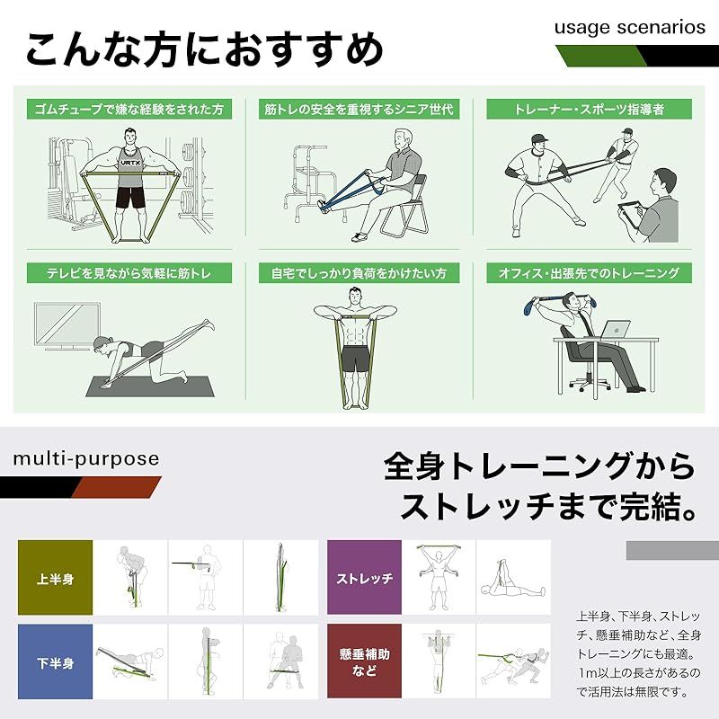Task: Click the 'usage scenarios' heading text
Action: (x=629, y=27)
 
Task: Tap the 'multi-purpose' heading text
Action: (x=85, y=459)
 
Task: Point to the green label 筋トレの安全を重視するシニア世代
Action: (x=359, y=110)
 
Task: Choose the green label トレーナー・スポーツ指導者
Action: (x=589, y=110)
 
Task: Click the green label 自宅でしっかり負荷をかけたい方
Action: (x=359, y=272)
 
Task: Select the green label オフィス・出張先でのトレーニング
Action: (x=589, y=272)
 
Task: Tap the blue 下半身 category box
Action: (x=55, y=662)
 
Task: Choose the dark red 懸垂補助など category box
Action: (x=363, y=662)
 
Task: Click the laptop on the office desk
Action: (x=613, y=330)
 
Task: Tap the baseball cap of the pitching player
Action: (x=537, y=139)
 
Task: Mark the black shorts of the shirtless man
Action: (x=357, y=359)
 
